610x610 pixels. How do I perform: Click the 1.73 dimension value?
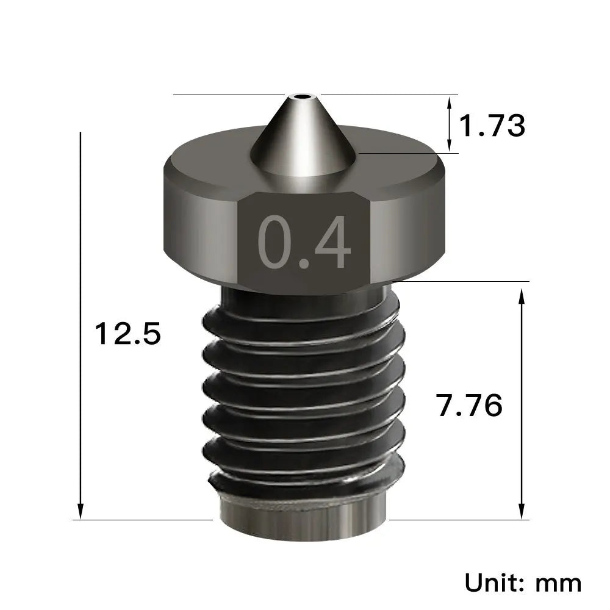coord(491,126)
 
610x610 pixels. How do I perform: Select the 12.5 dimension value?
coord(127,334)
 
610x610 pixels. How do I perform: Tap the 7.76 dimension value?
coord(469,405)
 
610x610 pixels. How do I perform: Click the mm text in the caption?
coord(558,583)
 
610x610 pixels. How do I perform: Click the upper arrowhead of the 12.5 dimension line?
coord(81,137)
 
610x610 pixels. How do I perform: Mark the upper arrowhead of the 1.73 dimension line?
coord(451,101)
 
